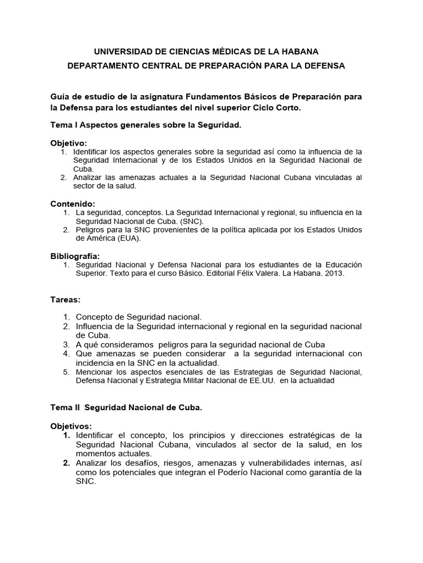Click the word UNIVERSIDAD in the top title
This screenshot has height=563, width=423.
pos(121,52)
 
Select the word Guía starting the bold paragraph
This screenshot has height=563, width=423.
pos(59,96)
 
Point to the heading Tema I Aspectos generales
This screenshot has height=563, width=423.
pos(146,125)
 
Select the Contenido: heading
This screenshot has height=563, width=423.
pos(72,203)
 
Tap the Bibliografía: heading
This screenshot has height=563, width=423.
pos(75,256)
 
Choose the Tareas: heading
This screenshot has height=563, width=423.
pos(66,300)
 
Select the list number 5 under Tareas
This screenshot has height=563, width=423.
pos(66,372)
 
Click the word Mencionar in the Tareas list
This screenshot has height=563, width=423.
pos(93,372)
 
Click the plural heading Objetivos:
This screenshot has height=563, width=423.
pos(72,426)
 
